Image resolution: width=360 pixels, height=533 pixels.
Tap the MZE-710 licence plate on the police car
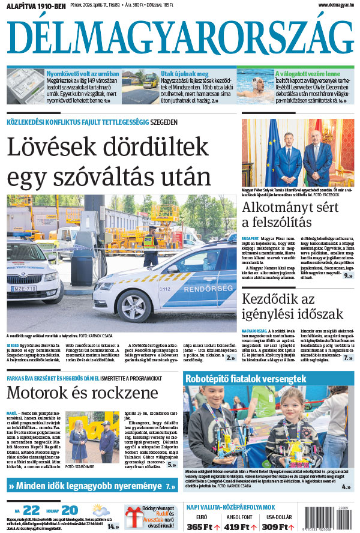click(23, 288)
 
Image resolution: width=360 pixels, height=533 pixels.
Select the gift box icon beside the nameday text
click(134, 517)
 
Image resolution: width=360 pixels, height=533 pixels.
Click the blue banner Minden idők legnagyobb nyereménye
click(90, 486)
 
